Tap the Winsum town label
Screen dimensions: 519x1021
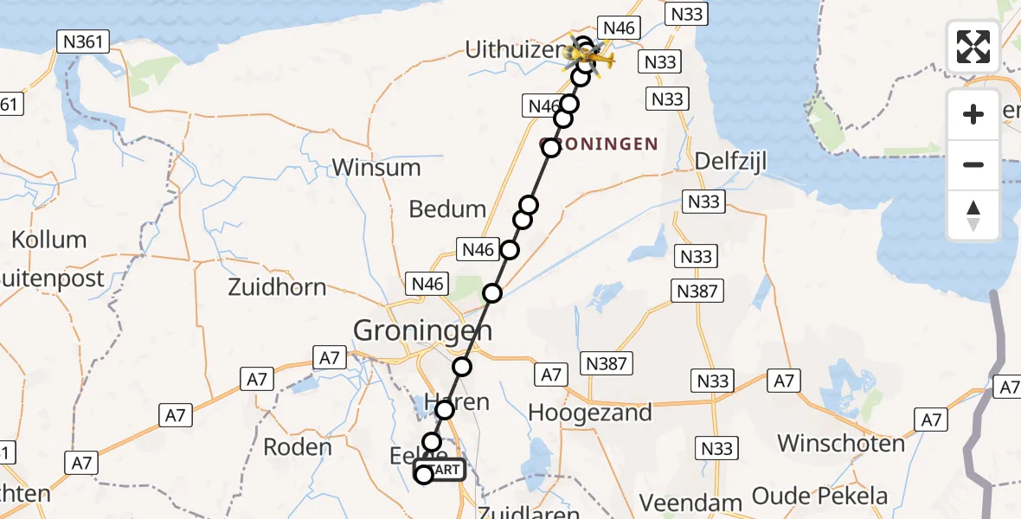pos(376,167)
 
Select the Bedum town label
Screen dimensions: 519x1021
pos(448,209)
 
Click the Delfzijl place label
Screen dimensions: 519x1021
pos(731,162)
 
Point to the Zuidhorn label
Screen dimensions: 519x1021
pos(277,288)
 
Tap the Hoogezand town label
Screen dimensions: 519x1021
pos(590,413)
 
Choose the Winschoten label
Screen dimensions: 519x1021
pos(841,444)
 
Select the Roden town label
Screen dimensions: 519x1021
pos(297,447)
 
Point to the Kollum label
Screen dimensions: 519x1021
pos(48,240)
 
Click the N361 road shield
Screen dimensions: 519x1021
pos(83,41)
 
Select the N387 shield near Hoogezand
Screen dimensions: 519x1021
pos(606,363)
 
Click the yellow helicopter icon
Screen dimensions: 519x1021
pos(597,60)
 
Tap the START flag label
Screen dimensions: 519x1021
pos(446,470)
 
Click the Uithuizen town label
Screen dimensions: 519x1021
pos(515,50)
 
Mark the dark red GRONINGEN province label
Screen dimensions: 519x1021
pos(599,144)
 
